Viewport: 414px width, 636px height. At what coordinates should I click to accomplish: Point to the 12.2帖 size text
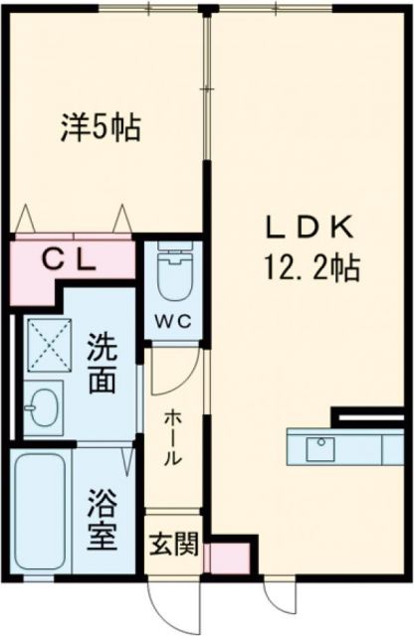[311, 266]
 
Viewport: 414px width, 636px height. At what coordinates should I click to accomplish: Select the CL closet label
[69, 259]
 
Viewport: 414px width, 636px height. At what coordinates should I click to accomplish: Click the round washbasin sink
[44, 406]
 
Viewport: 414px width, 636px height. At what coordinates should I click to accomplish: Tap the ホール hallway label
[170, 437]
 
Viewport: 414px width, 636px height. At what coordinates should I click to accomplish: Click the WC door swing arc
[171, 373]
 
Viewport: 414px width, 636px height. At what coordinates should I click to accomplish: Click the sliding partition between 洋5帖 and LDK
[208, 89]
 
